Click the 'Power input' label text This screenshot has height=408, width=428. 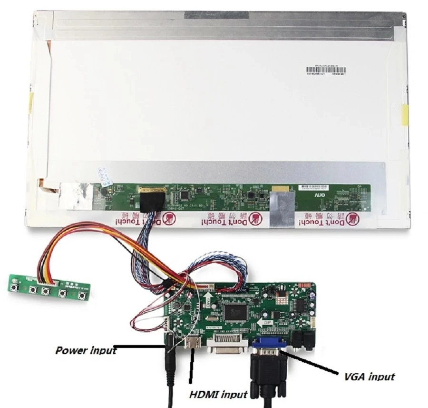point(86,350)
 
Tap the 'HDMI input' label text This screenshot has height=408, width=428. point(218,394)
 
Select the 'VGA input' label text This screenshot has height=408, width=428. point(370,377)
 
